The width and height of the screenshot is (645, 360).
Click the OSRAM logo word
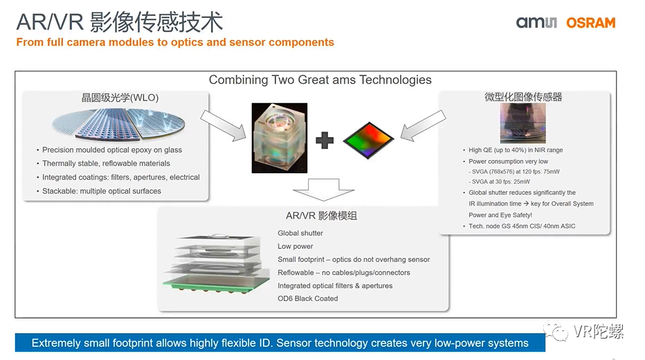pyautogui.click(x=590, y=22)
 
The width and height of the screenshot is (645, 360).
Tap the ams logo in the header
pyautogui.click(x=536, y=23)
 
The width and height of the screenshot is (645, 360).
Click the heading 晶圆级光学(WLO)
pyautogui.click(x=120, y=98)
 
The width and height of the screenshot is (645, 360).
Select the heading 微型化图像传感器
pyautogui.click(x=523, y=97)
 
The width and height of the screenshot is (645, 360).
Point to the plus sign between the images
pyautogui.click(x=324, y=141)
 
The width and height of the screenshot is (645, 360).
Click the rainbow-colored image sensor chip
pyautogui.click(x=367, y=136)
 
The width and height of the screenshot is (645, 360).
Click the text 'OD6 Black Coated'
pyautogui.click(x=308, y=298)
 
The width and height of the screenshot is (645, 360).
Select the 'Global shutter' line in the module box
pyautogui.click(x=300, y=233)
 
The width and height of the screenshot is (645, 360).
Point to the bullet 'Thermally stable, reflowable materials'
pyautogui.click(x=106, y=163)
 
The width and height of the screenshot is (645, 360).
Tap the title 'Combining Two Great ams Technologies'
pyautogui.click(x=320, y=80)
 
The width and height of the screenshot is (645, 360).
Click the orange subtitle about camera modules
pyautogui.click(x=175, y=42)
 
